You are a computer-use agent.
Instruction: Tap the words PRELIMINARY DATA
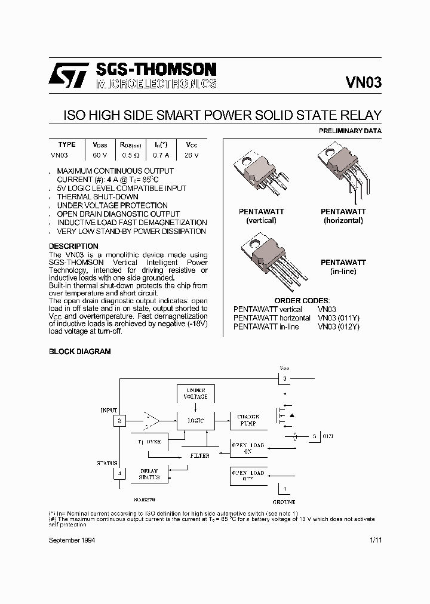coord(351,131)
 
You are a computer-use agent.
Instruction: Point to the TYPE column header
coord(67,145)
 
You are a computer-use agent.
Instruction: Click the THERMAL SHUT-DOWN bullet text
coord(97,197)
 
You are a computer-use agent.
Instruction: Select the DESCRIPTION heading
coord(73,246)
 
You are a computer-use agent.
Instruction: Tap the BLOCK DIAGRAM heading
coord(79,352)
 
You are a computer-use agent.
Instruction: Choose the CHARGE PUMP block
coord(248,421)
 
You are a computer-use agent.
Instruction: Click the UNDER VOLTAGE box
coord(195,393)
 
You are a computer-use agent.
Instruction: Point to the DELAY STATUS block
coord(149,474)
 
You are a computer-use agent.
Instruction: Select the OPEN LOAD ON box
coord(248,449)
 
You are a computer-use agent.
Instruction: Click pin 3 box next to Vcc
coord(285,378)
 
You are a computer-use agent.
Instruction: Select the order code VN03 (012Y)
coord(339,326)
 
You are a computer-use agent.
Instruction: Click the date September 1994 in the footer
coord(72,540)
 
